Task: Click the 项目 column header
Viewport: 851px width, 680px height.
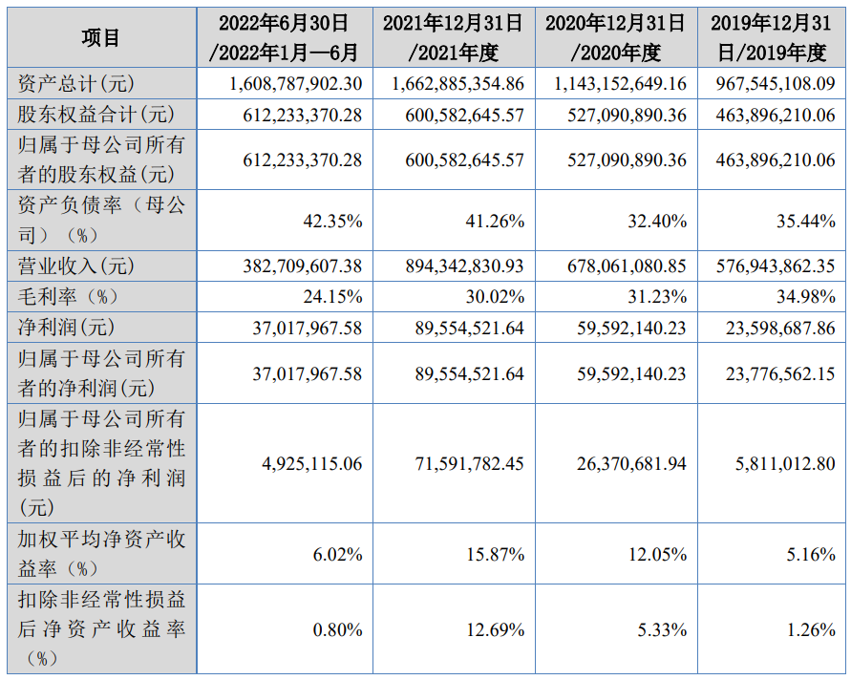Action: point(100,38)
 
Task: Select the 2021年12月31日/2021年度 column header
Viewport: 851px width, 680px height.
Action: point(453,38)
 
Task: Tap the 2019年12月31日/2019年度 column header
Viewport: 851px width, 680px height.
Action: point(771,38)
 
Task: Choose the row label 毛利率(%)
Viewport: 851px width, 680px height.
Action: point(69,296)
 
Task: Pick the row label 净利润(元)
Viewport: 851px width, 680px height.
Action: point(66,328)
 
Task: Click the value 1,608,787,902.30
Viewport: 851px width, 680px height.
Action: point(296,84)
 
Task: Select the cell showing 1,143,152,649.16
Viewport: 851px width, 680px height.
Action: point(620,84)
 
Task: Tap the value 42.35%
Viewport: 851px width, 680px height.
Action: point(332,221)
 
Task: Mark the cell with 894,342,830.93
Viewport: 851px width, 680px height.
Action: point(464,266)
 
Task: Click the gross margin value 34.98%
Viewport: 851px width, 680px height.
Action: point(806,296)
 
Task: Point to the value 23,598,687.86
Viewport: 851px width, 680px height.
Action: point(780,328)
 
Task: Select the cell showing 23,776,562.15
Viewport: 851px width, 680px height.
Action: point(780,373)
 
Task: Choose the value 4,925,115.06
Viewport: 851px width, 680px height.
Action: point(312,463)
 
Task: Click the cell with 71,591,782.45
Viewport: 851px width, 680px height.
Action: point(470,463)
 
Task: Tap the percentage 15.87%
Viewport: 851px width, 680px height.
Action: point(496,554)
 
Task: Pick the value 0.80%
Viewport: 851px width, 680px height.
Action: point(337,629)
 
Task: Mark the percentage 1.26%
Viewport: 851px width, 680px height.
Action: point(811,629)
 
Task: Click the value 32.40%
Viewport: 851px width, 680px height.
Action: point(657,221)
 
